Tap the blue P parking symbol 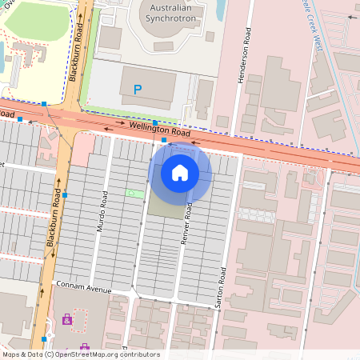pos(138,90)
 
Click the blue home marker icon pos(180,173)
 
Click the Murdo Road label pos(102,212)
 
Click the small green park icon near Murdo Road pos(130,194)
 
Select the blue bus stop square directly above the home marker pos(164,140)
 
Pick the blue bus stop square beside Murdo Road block pos(66,194)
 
